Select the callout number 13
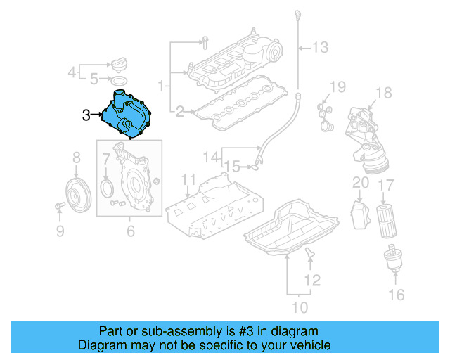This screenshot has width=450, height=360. [x=320, y=48]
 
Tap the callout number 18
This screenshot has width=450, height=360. [x=382, y=93]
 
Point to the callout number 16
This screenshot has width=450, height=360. [x=397, y=294]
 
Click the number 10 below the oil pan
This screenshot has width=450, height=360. [x=300, y=307]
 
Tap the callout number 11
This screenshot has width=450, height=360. [x=188, y=179]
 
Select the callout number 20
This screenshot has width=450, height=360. [x=360, y=183]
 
